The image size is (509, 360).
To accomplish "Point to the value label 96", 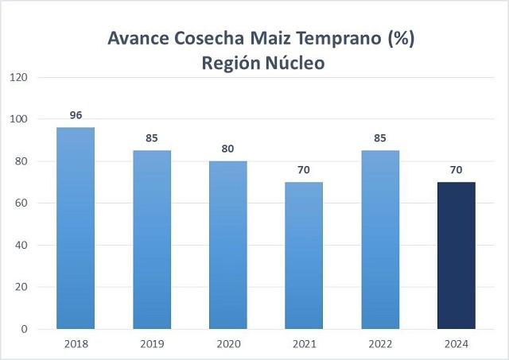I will pos(76,115).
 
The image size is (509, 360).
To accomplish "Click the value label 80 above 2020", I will pos(228,149).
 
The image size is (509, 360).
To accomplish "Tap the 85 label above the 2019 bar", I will pos(152,138).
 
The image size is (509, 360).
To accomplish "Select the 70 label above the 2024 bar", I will pos(457,169).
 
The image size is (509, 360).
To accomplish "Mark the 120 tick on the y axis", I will pos(19,77).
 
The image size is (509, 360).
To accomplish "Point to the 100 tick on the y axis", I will pos(19,119).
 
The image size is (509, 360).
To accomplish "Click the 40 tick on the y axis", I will pos(22,245).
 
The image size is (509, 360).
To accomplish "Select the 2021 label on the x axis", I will pos(304,344).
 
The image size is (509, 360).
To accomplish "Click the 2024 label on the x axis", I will pos(457,344).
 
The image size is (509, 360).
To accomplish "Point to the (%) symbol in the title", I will pos(401,38).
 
